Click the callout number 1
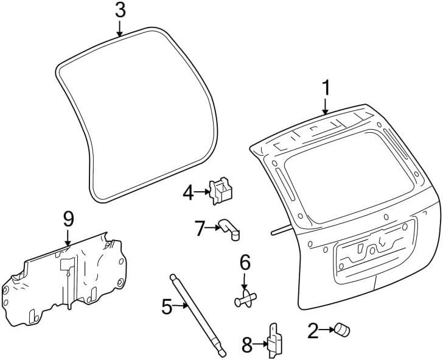[326, 88]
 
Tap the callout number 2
[313, 331]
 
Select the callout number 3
[120, 10]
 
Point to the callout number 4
[189, 194]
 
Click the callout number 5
[167, 306]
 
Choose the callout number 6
[245, 263]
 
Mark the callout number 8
[247, 345]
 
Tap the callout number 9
[68, 218]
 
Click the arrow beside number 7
[213, 228]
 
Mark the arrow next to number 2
[326, 331]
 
